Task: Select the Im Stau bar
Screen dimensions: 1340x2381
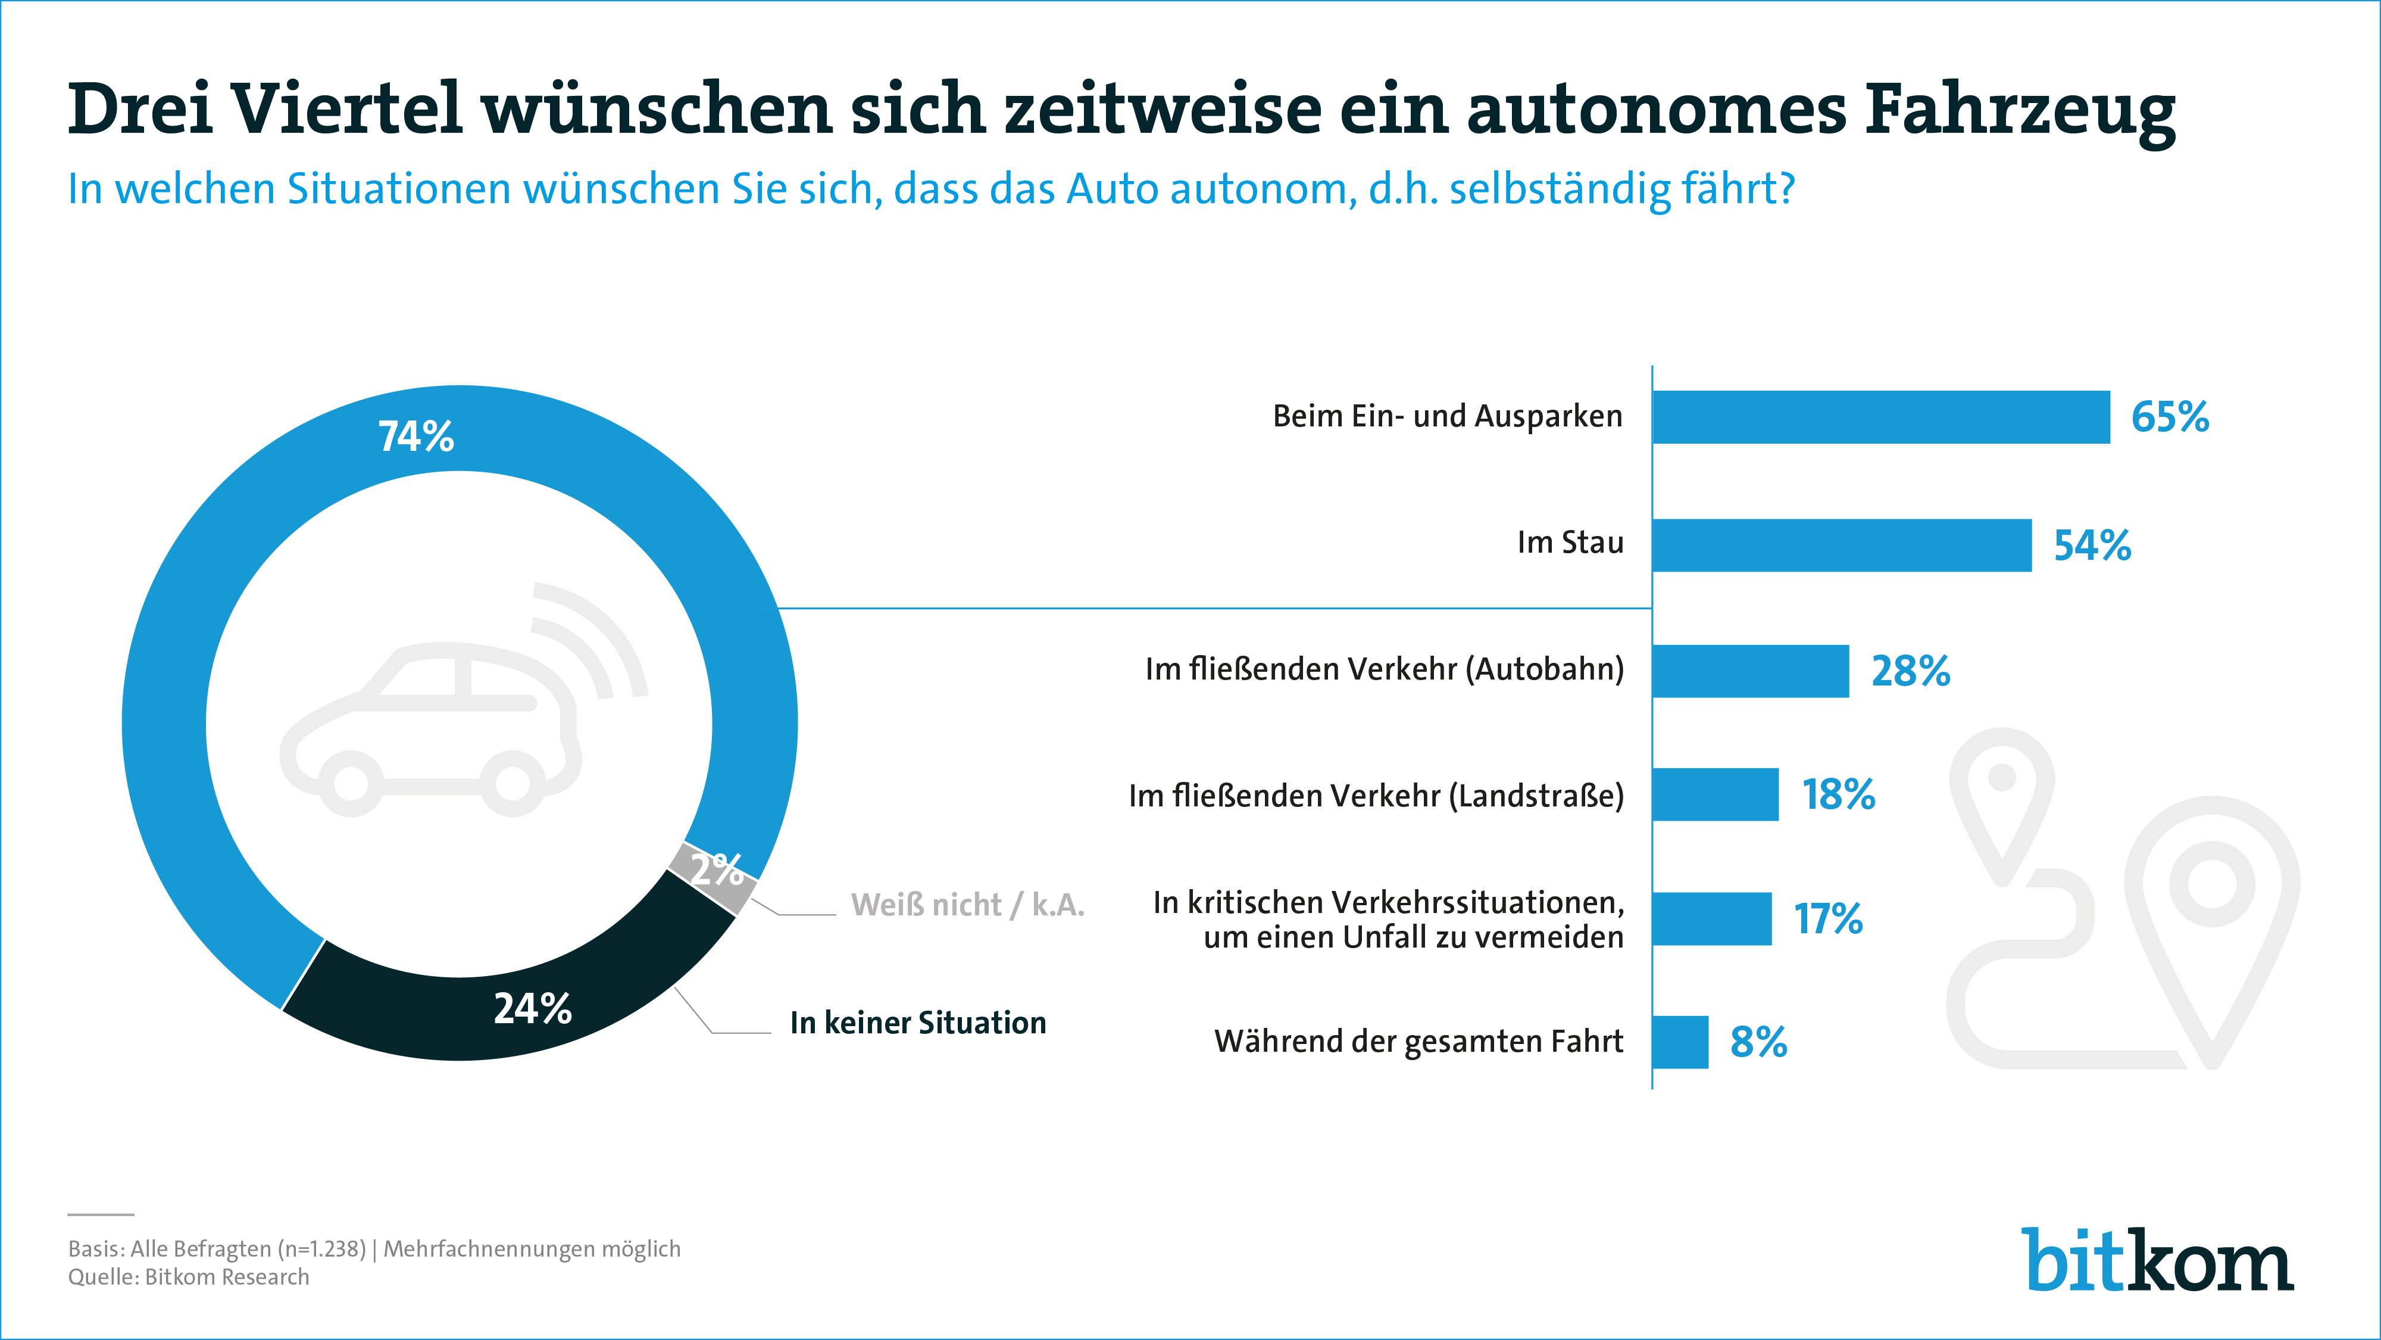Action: coord(1841,545)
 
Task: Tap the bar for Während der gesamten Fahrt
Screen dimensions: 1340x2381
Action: coord(1679,1042)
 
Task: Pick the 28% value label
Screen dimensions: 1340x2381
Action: coord(1910,671)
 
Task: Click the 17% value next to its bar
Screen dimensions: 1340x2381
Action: coord(1827,919)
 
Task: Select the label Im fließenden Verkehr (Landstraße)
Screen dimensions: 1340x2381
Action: coord(1376,795)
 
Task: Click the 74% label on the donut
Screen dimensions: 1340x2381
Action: coord(416,437)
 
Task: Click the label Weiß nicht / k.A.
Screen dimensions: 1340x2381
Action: coord(967,905)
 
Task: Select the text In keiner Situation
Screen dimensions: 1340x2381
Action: coord(917,1023)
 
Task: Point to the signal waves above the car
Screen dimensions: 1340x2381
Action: coord(592,638)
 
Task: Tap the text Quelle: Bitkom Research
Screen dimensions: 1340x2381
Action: coord(189,1277)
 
